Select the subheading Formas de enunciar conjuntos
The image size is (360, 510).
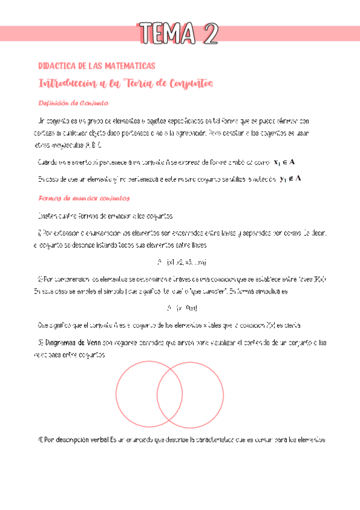pos(84,198)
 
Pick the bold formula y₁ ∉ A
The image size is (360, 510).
pos(291,178)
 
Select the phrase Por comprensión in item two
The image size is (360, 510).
pos(67,279)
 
